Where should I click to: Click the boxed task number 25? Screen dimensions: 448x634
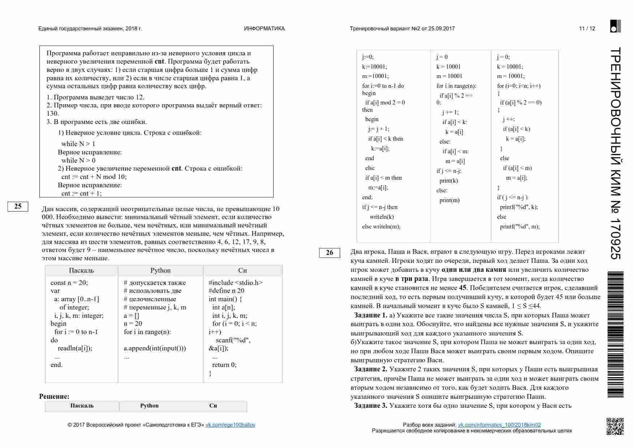point(18,206)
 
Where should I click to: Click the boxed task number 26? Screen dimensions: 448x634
point(329,253)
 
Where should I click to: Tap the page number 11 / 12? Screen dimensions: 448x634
point(587,29)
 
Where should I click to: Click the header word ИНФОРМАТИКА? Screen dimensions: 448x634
point(264,29)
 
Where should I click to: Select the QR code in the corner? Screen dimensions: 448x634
point(614,426)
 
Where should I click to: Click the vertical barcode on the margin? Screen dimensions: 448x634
point(615,334)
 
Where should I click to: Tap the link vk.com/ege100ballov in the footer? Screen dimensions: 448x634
point(230,425)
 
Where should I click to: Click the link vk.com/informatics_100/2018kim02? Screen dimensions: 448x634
point(499,425)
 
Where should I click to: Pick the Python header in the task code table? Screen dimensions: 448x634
point(160,270)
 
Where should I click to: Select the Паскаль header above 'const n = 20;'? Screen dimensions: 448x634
point(81,270)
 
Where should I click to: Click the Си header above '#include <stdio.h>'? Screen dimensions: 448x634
point(243,270)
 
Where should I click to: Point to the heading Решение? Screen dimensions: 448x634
point(54,397)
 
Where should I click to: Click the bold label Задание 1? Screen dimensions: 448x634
point(370,315)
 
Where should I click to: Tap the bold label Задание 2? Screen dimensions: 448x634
point(370,369)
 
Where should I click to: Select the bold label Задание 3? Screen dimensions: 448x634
point(370,406)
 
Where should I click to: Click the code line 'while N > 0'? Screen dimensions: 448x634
point(78,161)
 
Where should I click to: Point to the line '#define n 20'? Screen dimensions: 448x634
point(226,291)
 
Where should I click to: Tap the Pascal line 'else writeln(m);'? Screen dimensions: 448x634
point(381,227)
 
